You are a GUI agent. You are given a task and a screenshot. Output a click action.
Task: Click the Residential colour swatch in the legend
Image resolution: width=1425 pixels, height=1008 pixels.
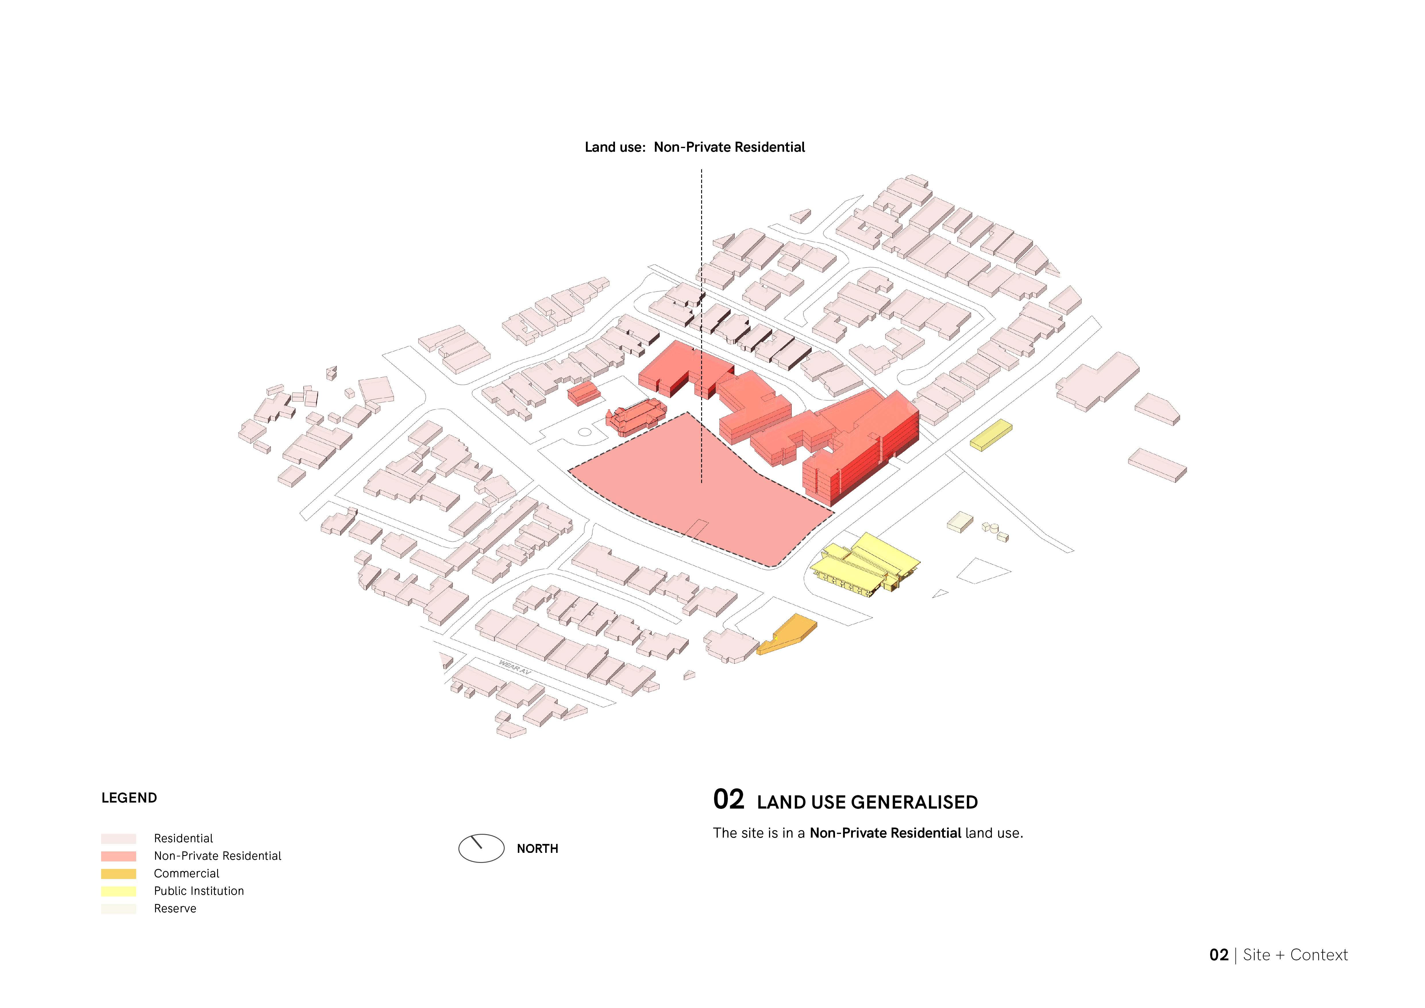coord(119,838)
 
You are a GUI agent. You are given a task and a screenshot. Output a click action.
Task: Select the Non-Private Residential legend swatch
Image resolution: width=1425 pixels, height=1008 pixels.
coord(119,856)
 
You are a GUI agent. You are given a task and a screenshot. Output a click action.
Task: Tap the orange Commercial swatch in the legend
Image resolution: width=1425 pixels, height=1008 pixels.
coord(119,873)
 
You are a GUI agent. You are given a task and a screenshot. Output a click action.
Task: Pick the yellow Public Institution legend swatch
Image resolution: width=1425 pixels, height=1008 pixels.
coord(119,891)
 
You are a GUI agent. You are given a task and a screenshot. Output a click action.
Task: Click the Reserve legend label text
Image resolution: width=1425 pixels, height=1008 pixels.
coord(175,909)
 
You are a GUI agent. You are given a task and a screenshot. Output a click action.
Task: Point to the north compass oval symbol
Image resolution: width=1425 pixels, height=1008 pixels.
coord(481,848)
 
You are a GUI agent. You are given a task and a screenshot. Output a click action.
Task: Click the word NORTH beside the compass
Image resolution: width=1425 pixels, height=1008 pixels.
coord(537,849)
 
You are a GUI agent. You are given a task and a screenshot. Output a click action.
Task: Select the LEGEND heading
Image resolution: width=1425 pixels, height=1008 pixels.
coord(129,798)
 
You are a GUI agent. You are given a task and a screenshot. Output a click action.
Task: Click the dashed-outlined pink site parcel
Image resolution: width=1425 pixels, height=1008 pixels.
coord(695,490)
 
